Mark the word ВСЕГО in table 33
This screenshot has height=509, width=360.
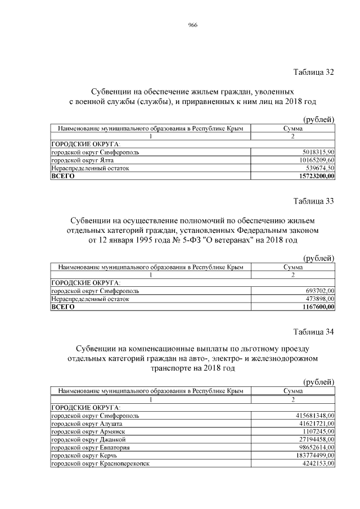point(62,307)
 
